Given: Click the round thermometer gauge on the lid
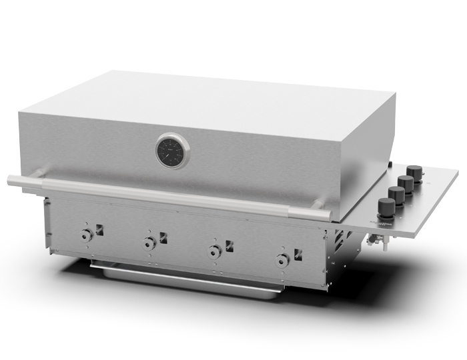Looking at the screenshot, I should click(x=173, y=151).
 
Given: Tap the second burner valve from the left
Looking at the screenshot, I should click(x=149, y=241).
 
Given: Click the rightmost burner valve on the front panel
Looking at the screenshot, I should click(x=284, y=259).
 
